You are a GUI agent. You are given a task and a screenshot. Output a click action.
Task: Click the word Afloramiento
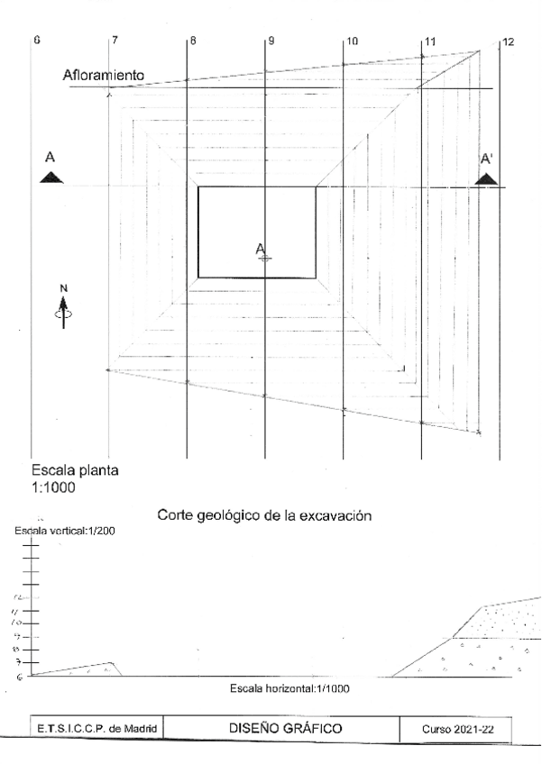click(x=104, y=76)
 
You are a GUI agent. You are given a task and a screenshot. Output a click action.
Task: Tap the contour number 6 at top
click(x=37, y=41)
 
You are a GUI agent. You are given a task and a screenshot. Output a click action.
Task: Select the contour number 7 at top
click(x=115, y=41)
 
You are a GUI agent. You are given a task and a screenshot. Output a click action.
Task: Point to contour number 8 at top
click(x=193, y=41)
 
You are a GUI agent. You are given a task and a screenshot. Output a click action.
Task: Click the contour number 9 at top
click(x=271, y=41)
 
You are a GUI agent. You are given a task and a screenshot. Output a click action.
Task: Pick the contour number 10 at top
click(x=352, y=41)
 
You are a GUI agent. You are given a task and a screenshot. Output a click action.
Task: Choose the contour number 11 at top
click(x=429, y=41)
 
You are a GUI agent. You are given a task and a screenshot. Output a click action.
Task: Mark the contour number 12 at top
click(x=509, y=41)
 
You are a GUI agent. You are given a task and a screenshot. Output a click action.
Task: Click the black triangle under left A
click(x=52, y=177)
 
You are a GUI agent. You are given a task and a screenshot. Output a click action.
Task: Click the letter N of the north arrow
click(x=63, y=288)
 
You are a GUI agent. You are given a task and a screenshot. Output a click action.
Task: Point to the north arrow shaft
click(x=63, y=317)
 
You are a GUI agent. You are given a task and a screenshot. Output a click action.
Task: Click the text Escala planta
click(x=75, y=471)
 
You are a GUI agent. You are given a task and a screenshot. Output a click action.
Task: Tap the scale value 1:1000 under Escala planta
click(x=54, y=487)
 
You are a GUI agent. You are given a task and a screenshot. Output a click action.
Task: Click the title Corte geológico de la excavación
click(x=264, y=517)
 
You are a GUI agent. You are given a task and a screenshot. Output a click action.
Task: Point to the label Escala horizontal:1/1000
click(x=290, y=689)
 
